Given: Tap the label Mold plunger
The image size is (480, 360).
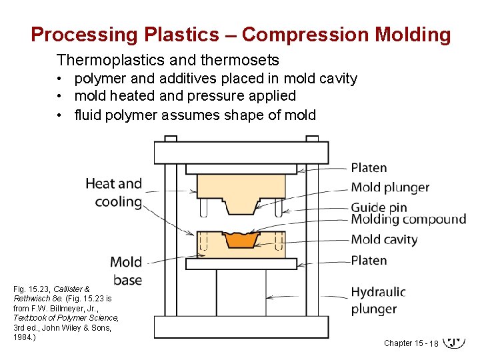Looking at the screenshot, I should pos(390,187).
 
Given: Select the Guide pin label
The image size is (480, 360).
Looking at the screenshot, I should pos(379,207).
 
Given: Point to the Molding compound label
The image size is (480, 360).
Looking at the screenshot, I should pos(408,219).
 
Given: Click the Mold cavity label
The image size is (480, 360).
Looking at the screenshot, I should pos(384,239).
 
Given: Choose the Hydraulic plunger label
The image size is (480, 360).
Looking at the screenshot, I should pos(378,300).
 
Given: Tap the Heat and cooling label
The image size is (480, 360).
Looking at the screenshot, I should pos(114,192).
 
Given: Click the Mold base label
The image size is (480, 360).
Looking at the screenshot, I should pos(126,270).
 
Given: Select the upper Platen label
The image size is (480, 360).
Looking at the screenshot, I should pos(369,167).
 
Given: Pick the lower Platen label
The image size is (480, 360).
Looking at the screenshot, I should pos(369,260).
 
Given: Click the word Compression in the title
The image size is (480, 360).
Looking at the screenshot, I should pos(299,35).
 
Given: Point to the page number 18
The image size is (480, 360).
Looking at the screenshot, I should pos(433,343).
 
